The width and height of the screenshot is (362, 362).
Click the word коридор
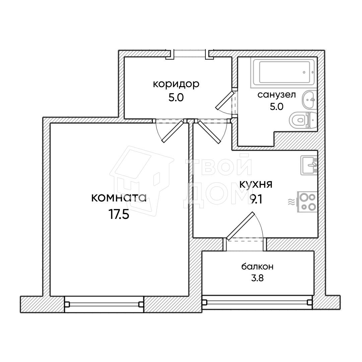point(176,84)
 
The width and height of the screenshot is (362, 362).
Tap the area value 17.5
point(119,215)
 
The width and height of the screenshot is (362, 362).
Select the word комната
point(119,198)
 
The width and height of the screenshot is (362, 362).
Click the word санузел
point(277,95)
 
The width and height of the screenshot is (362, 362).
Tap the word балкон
point(257,267)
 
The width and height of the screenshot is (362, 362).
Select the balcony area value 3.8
point(257,278)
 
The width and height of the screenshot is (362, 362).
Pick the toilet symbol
point(302,120)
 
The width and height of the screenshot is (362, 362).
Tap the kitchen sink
point(309,165)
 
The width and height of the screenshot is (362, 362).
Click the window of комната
point(104,304)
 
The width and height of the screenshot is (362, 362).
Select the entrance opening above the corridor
point(189,54)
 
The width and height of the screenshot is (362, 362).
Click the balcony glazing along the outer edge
point(257,302)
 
